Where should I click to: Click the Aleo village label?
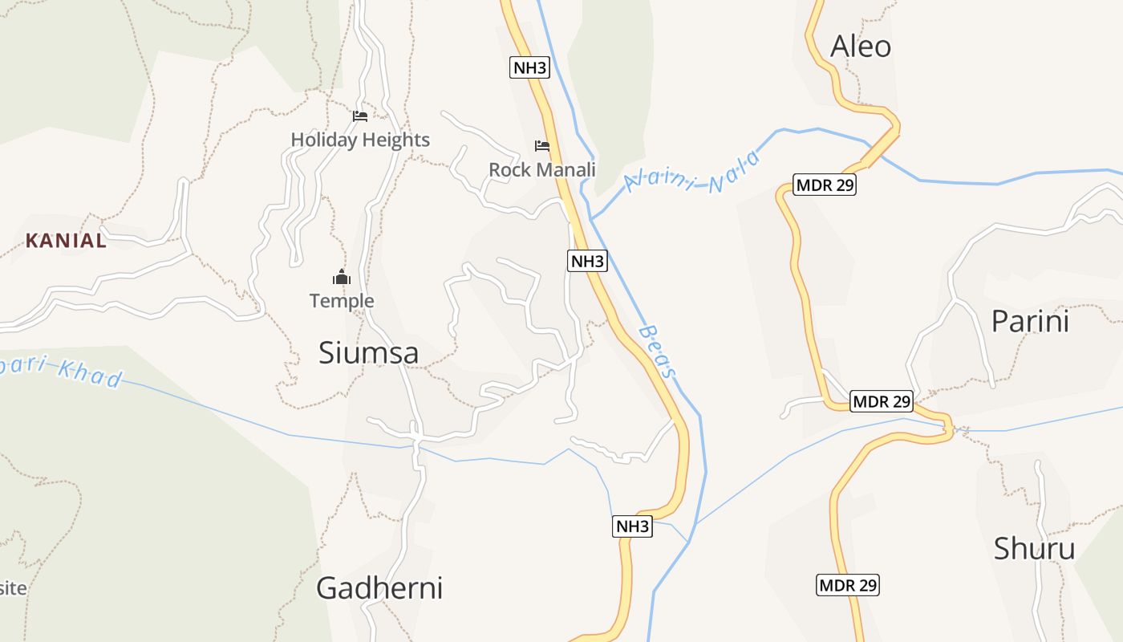pyautogui.click(x=861, y=47)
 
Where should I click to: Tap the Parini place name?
pyautogui.click(x=1030, y=321)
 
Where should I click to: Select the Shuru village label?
pyautogui.click(x=1034, y=549)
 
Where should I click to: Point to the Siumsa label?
pyautogui.click(x=368, y=352)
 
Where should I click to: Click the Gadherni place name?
pyautogui.click(x=379, y=587)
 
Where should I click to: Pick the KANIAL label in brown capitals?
pyautogui.click(x=66, y=240)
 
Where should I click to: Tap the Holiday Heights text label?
pyautogui.click(x=360, y=140)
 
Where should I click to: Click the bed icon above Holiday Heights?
pyautogui.click(x=360, y=116)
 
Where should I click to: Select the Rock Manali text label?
pyautogui.click(x=542, y=169)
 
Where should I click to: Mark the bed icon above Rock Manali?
pyautogui.click(x=542, y=146)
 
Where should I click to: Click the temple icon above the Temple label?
pyautogui.click(x=342, y=278)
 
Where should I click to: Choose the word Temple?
pyautogui.click(x=342, y=301)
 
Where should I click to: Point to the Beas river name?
pyautogui.click(x=659, y=351)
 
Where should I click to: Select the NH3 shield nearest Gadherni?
pyautogui.click(x=632, y=526)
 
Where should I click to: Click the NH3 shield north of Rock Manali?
pyautogui.click(x=529, y=67)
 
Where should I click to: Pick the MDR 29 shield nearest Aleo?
pyautogui.click(x=825, y=185)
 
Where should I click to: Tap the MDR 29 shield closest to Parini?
pyautogui.click(x=882, y=400)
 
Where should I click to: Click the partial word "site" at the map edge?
pyautogui.click(x=13, y=587)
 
